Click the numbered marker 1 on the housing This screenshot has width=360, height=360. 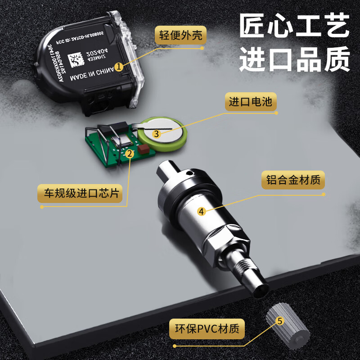pyautogui.click(x=119, y=67)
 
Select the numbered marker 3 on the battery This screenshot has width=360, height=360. pyautogui.click(x=156, y=134)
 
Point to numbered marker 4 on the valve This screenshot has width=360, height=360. pyautogui.click(x=202, y=211)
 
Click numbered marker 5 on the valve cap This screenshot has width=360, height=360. pyautogui.click(x=279, y=321)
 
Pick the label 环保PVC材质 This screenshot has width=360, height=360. pyautogui.click(x=207, y=328)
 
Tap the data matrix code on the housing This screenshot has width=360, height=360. pyautogui.click(x=76, y=59)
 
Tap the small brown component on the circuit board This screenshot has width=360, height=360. pyautogui.click(x=144, y=149)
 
